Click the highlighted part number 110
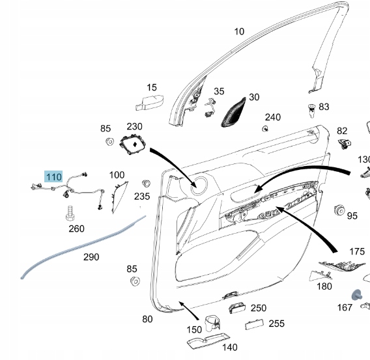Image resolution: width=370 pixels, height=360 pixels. coord(53,177)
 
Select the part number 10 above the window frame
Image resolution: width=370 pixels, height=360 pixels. coord(239,31)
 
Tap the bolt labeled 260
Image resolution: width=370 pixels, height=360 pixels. coord(69,212)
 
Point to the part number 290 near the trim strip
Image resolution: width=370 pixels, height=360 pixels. coord(91,256)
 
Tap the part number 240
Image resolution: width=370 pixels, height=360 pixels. coord(272,117)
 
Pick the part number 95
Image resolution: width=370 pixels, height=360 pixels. coord(352,215)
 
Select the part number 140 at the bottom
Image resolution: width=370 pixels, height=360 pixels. coord(230,347)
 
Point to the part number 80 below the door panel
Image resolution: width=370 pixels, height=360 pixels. coord(147,319)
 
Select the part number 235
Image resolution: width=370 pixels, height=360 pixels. coord(142,196)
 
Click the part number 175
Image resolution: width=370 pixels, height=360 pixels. coord(357,251)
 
